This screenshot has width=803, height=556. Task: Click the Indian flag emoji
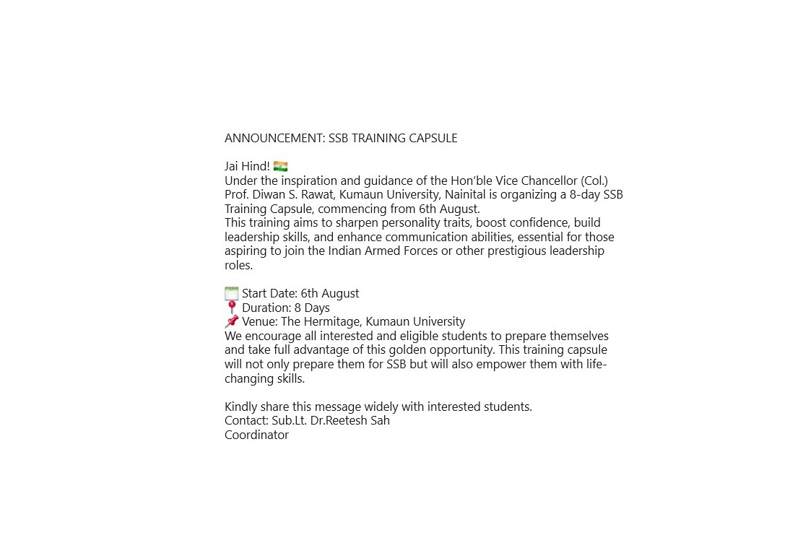point(281,167)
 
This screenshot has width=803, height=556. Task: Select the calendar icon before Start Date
point(231,293)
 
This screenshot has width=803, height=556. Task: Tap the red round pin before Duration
point(231,308)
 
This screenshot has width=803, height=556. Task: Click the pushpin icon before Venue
point(231,321)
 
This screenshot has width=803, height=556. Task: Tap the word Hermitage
point(333,322)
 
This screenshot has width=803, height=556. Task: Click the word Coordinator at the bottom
point(256,435)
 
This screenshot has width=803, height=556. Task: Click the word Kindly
point(241,407)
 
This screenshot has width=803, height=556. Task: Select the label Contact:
point(246,420)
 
